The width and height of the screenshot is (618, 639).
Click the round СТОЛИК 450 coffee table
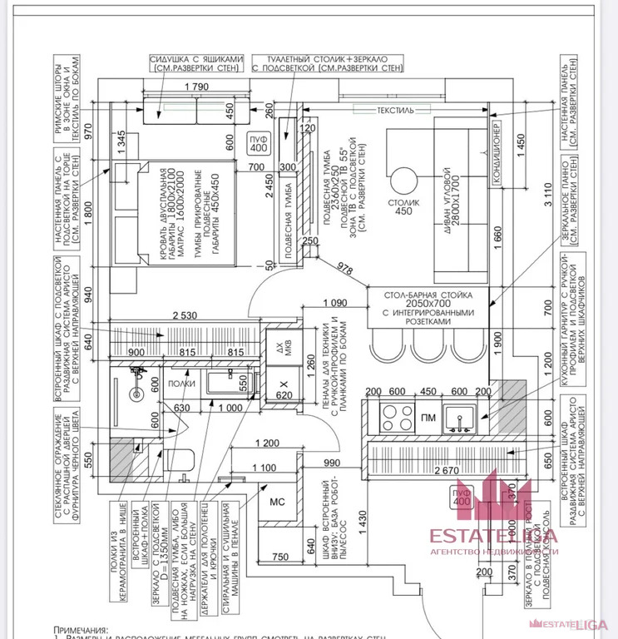click(404, 181)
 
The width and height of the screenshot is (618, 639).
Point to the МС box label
click(278, 502)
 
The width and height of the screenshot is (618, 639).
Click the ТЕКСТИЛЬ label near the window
click(394, 109)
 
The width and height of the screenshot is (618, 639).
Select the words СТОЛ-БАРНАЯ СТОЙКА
click(428, 295)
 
